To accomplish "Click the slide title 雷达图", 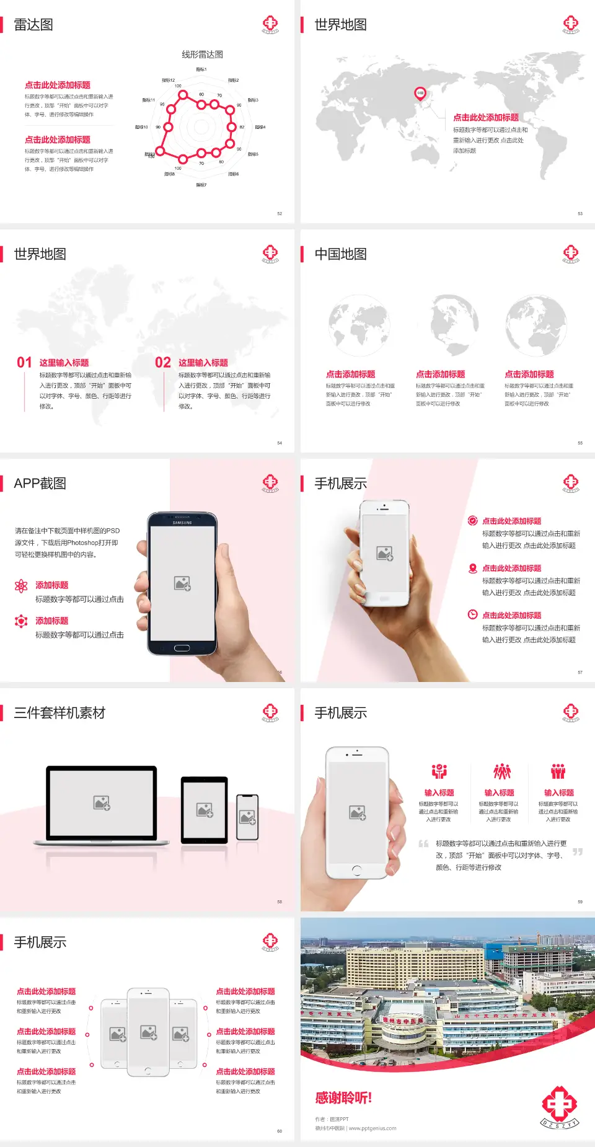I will point(33,25).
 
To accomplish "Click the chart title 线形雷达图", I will point(202,55).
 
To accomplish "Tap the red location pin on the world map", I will point(420,94).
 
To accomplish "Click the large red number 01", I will point(24,363).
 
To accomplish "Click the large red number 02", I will point(163,363).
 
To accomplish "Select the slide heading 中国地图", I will point(340,254).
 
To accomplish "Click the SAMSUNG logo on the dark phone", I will point(182,523).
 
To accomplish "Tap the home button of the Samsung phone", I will point(182,648).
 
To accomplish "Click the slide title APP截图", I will point(40,484).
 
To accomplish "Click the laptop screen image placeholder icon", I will point(102,803).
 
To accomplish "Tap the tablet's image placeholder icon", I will point(205,810).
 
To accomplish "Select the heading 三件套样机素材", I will point(59,713).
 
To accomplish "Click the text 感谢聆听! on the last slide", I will point(343,1098).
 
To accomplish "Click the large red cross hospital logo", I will point(560,1104).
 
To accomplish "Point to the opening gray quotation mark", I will point(423,844).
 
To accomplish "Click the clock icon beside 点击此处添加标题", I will point(472,614).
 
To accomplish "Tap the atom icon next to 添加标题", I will point(21,585).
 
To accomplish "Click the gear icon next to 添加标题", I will point(21,621).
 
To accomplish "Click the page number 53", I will point(580,213).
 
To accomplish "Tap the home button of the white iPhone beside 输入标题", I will point(356,870).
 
